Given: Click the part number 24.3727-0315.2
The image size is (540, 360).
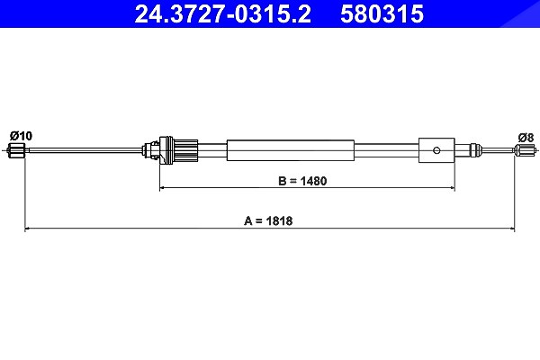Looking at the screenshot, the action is click(x=222, y=13).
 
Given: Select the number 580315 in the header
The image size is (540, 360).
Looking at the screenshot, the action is click(x=382, y=13).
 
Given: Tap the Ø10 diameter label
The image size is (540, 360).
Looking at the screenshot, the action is click(x=21, y=136).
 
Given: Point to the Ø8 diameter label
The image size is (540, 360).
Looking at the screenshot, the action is click(x=526, y=138).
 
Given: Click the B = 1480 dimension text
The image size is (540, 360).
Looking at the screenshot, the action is click(x=302, y=181).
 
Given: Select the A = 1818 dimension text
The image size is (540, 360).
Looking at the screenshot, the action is click(x=268, y=220).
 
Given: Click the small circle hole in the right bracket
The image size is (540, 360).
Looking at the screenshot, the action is click(x=436, y=150).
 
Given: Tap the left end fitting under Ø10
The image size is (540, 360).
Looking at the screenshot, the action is click(x=16, y=150).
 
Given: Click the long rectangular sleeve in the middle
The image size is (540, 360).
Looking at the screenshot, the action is click(x=291, y=150).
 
